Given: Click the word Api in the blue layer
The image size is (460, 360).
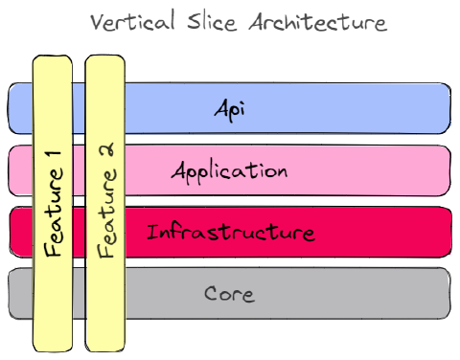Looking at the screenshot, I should pyautogui.click(x=230, y=108).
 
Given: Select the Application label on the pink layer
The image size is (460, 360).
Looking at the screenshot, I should pyautogui.click(x=230, y=171).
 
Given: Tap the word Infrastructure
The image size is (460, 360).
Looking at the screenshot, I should pyautogui.click(x=230, y=233).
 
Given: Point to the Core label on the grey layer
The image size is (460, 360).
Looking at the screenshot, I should pyautogui.click(x=230, y=294).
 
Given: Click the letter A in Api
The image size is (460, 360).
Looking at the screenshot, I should pyautogui.click(x=220, y=108).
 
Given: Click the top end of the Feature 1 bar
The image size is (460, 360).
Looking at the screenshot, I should pyautogui.click(x=52, y=60).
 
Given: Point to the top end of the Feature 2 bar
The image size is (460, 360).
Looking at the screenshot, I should pyautogui.click(x=105, y=60).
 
